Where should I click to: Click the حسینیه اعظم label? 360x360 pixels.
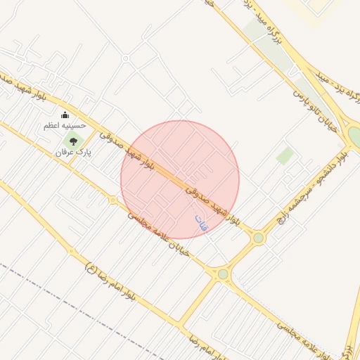(65, 125)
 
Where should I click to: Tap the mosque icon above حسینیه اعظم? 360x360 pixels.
(65, 115)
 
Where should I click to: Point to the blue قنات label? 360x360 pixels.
(201, 223)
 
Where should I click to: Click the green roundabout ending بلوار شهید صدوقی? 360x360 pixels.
(258, 238)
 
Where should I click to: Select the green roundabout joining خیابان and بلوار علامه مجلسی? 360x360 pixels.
(223, 274)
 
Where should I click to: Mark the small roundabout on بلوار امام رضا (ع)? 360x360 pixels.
(70, 251)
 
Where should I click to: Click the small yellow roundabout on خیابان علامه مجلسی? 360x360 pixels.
(112, 200)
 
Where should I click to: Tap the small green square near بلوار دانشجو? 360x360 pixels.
(285, 155)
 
